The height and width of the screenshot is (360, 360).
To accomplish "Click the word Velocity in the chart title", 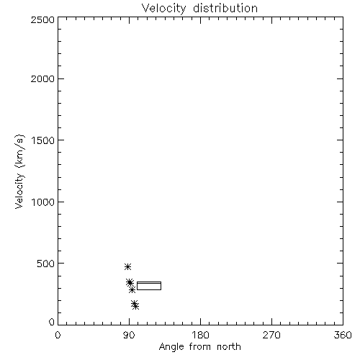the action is [163, 9].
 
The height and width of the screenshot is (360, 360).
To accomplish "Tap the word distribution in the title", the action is [225, 8].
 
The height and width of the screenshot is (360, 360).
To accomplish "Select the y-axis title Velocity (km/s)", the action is [19, 172].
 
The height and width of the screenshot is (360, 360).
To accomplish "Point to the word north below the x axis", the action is [229, 346].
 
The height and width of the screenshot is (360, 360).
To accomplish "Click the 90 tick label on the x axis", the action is [130, 335].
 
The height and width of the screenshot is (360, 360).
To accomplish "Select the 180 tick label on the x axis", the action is [200, 335].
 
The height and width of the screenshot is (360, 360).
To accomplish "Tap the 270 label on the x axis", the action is [271, 335].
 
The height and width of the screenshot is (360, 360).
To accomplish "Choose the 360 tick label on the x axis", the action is [343, 335].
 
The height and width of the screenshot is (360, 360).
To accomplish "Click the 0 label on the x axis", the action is [58, 335].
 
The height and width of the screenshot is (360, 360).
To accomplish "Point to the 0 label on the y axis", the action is [52, 322].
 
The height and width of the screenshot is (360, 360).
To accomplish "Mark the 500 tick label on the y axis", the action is [46, 264].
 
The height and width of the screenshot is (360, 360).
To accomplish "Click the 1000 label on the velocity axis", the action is [43, 202].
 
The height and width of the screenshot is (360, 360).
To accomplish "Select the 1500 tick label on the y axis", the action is [43, 140].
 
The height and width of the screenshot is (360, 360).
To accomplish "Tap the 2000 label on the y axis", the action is [42, 79].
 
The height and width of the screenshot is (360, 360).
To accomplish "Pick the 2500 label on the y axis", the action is [42, 20].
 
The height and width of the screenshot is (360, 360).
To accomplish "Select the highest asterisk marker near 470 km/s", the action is [127, 266].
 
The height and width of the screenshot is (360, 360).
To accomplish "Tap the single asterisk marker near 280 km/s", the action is [132, 290].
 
